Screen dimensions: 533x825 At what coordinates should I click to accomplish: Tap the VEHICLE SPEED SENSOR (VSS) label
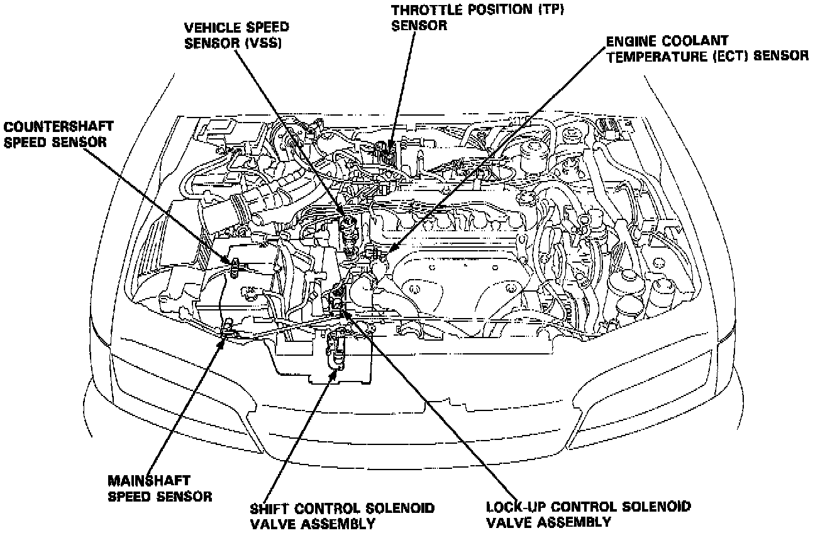tap(236, 36)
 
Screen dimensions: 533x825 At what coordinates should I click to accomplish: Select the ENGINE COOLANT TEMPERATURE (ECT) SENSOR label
tap(707, 49)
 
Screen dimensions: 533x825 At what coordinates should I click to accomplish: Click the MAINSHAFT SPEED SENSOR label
tap(160, 488)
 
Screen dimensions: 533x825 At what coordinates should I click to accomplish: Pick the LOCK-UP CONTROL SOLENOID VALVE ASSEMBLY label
tap(589, 514)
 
